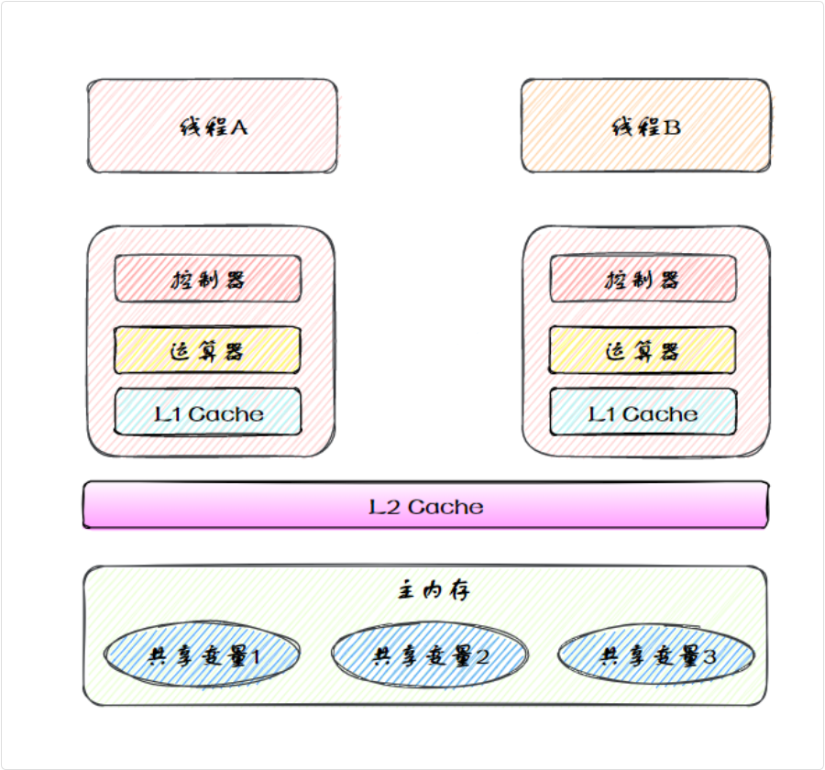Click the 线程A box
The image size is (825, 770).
(212, 126)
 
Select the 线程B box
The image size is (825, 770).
(646, 126)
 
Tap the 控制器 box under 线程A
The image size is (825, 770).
(208, 279)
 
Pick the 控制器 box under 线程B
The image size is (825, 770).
(643, 279)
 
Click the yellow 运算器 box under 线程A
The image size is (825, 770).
(208, 350)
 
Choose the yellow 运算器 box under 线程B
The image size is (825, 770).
(643, 350)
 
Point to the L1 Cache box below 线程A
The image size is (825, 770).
(208, 412)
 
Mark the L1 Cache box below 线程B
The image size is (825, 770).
(643, 412)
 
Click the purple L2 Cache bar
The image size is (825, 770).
(425, 506)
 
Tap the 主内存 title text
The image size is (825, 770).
(433, 590)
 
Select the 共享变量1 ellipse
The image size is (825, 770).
(202, 654)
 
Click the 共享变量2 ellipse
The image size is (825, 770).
(428, 654)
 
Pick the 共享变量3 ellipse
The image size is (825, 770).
(655, 654)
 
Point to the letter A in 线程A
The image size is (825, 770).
(237, 126)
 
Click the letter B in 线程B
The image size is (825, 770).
(672, 126)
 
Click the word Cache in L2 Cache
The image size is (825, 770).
(445, 506)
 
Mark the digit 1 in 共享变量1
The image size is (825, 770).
(256, 655)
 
